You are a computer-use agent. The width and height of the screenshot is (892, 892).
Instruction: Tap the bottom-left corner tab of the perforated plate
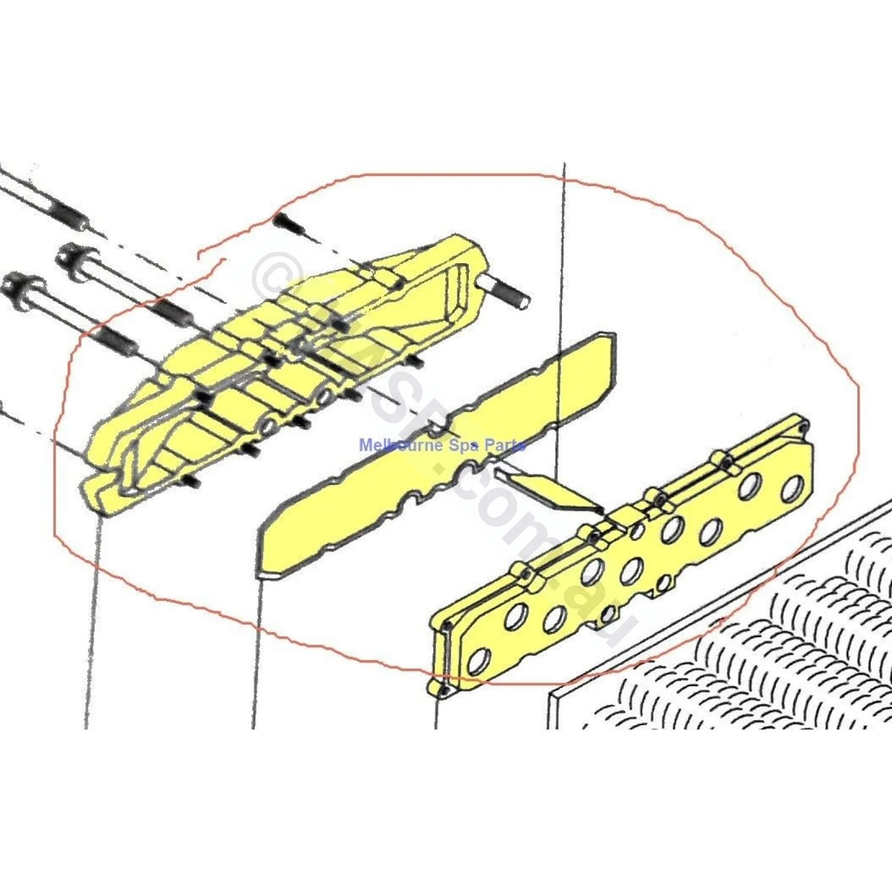point(438,688)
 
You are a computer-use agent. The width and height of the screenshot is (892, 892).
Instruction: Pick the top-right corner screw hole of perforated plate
point(802,425)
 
